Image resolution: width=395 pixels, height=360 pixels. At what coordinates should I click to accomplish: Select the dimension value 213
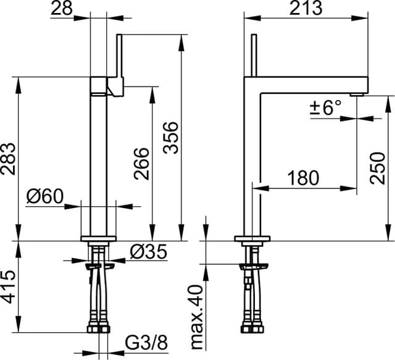pos(306,8)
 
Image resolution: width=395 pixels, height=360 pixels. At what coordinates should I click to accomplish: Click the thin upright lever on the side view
pos(253,56)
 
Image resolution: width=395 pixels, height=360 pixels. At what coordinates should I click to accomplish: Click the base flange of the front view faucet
pos(99,239)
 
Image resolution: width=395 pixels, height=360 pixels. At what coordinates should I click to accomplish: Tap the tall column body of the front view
pos(99,161)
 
